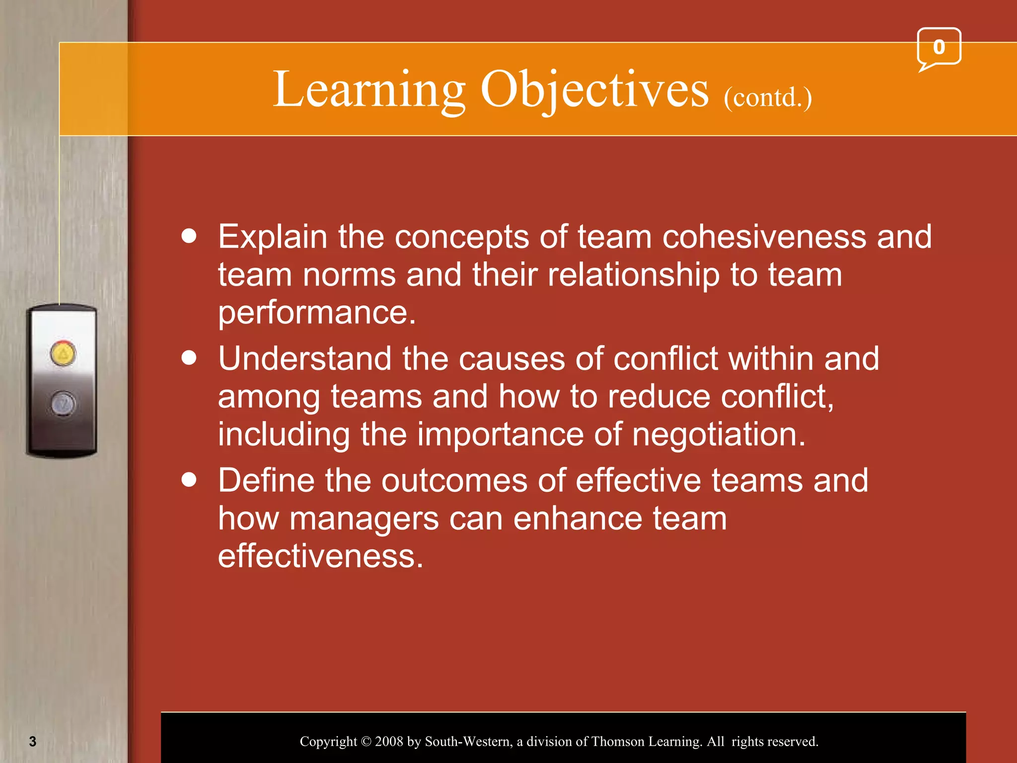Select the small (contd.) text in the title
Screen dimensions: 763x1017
[768, 97]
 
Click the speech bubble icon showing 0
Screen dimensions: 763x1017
[939, 48]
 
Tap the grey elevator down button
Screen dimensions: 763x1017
[63, 403]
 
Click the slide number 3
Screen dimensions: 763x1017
[33, 741]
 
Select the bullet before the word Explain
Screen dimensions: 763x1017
[189, 236]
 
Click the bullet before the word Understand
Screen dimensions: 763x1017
[189, 358]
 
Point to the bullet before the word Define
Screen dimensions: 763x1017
[189, 480]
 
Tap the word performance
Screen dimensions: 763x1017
[316, 313]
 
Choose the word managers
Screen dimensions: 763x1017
[364, 518]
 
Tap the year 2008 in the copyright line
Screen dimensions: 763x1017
[389, 741]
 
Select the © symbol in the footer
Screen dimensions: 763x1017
[366, 742]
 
